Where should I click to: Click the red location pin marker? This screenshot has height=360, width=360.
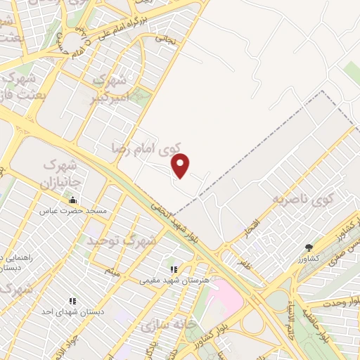(x=181, y=165)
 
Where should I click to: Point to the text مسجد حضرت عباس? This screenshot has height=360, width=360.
(x=73, y=211)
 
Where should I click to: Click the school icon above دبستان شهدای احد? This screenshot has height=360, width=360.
(x=71, y=301)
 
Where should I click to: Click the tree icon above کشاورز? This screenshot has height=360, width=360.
(x=309, y=247)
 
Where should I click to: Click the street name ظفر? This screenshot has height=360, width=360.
(x=244, y=266)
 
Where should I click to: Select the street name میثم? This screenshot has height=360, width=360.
(x=113, y=270)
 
